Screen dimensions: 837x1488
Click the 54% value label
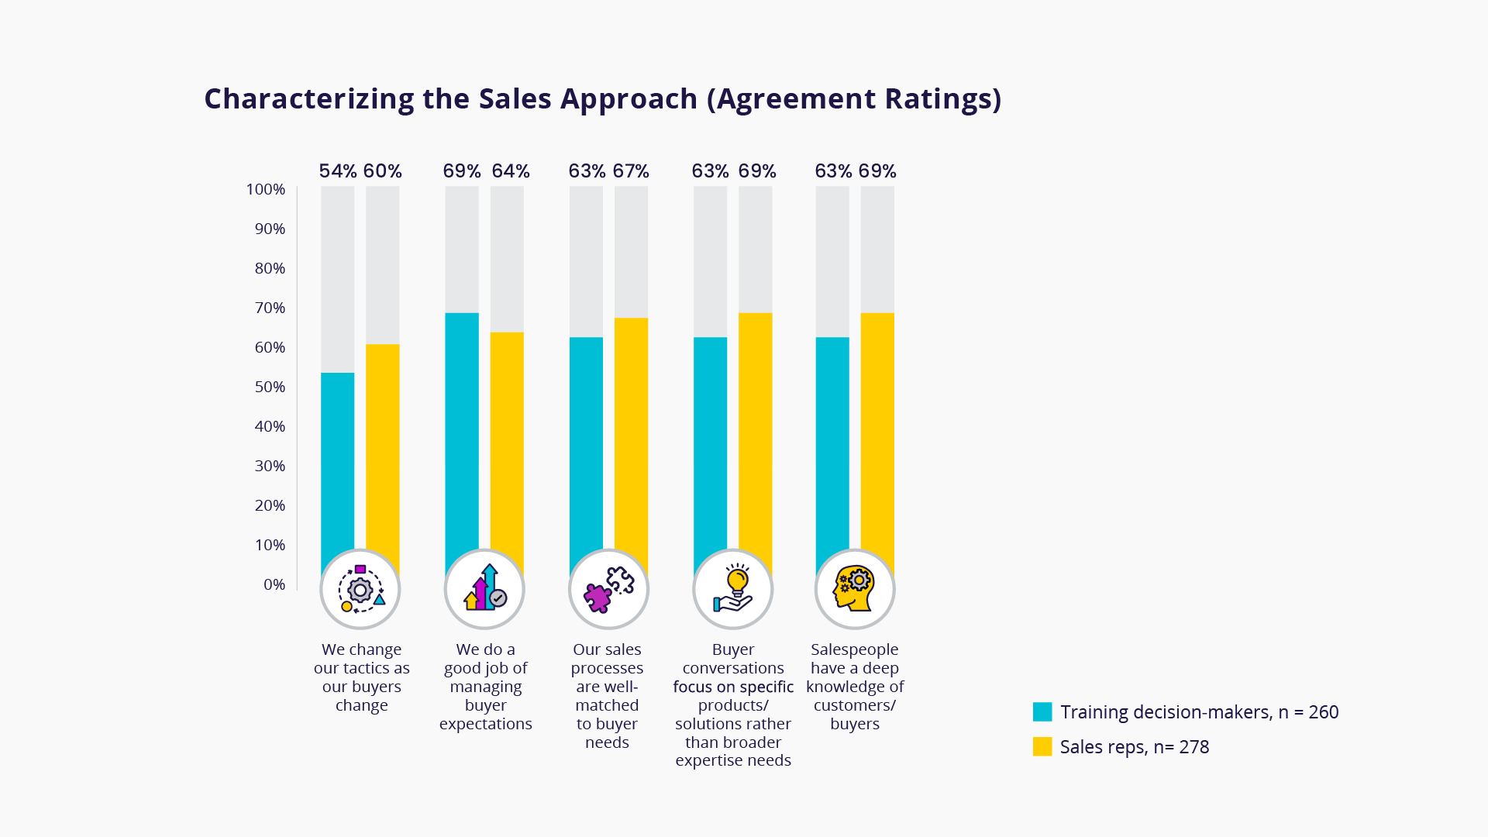point(338,171)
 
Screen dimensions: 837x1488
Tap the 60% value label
point(383,171)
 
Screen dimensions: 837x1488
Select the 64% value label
point(511,171)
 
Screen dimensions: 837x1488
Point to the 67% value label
point(631,171)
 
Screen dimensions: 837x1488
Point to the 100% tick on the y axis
point(266,190)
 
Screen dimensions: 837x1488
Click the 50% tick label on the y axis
point(270,387)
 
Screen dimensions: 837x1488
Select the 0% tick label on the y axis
point(274,585)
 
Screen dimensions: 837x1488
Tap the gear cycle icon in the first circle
point(360,590)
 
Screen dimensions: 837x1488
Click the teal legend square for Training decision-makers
point(1042,712)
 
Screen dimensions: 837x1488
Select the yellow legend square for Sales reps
point(1042,747)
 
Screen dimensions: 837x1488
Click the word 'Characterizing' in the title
point(308,99)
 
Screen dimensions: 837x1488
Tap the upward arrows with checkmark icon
point(484,590)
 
